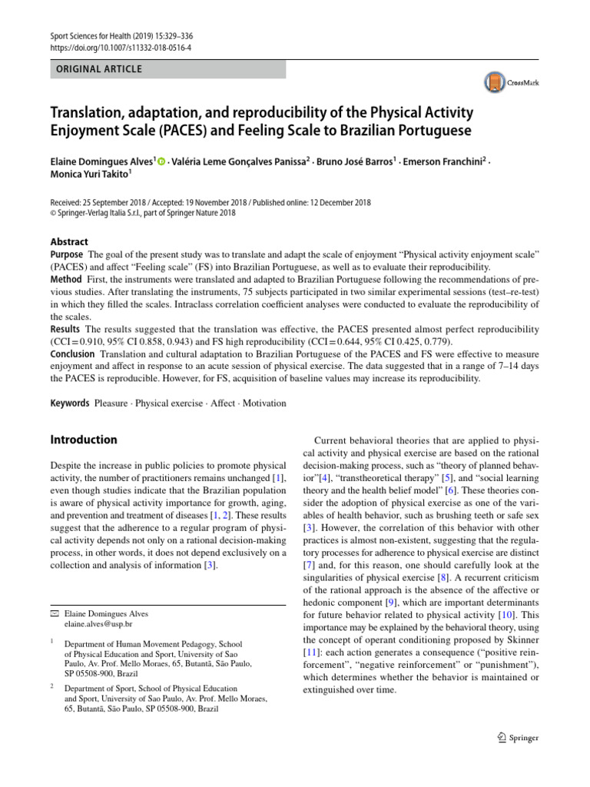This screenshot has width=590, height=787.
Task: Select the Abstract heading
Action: coord(69,241)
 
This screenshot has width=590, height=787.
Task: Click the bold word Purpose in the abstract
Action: coord(67,254)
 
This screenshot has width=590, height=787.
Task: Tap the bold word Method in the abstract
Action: coord(66,280)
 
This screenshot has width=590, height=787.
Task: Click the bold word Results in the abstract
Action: coord(66,329)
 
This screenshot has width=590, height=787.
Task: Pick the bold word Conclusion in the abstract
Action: coord(72,354)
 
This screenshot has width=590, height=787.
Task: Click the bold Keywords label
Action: coord(70,403)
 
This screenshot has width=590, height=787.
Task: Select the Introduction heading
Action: coord(84,440)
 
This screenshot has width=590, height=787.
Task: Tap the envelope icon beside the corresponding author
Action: coord(54,614)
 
